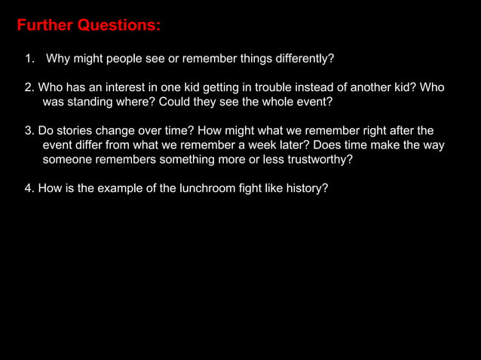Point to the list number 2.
(29, 87)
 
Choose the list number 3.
(29, 130)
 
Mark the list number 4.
(29, 188)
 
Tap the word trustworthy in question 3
(317, 159)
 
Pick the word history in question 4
(306, 188)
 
